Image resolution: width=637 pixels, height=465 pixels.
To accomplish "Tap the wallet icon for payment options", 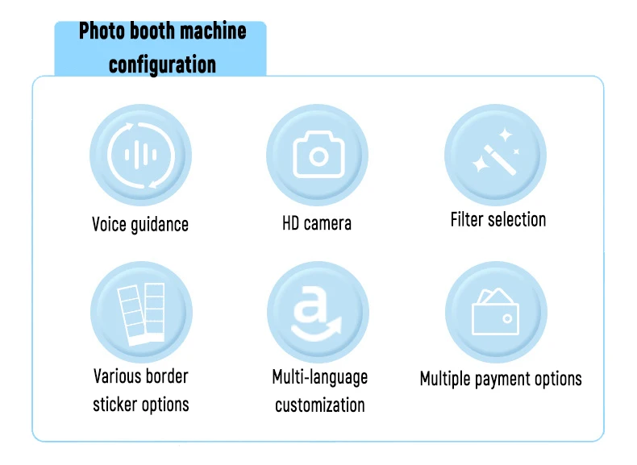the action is (496, 311).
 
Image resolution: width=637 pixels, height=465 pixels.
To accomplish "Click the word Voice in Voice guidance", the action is (109, 224).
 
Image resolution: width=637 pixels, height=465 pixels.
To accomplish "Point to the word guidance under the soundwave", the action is (159, 225).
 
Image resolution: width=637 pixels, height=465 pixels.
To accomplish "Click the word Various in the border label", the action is (117, 376).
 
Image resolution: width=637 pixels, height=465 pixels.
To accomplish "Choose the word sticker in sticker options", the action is (115, 404).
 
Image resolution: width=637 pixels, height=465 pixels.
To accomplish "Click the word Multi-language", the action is (320, 377).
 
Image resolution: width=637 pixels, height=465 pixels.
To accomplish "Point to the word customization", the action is (320, 405).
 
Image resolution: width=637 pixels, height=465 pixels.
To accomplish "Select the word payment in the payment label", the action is (506, 379).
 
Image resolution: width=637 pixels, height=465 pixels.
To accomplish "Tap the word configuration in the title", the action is (162, 63).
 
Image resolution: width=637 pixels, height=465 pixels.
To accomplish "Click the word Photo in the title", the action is (101, 33).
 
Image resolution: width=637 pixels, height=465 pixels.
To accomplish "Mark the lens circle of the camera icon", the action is (318, 156).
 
